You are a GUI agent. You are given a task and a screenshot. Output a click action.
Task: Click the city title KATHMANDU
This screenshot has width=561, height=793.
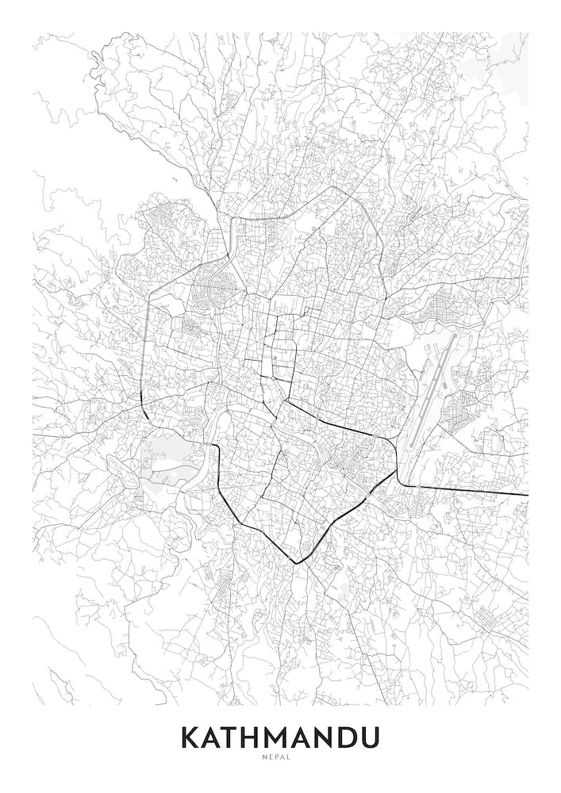pos(280,737)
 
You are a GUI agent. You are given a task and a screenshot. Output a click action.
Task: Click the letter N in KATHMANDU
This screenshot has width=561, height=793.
pos(328,737)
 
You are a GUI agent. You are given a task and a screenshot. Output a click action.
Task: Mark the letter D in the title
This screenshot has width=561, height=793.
pos(350,737)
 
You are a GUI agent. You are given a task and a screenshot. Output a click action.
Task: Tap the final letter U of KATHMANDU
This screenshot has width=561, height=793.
pos(371,737)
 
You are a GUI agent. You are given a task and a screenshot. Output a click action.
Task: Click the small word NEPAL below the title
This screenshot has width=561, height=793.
pos(280,757)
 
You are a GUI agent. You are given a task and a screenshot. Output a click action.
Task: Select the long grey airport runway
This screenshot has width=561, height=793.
pos(434,389)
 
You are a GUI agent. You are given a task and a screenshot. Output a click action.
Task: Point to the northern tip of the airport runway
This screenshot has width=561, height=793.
pos(455,334)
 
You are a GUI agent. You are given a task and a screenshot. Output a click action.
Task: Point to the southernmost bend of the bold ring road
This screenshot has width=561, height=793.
pos(298,561)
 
